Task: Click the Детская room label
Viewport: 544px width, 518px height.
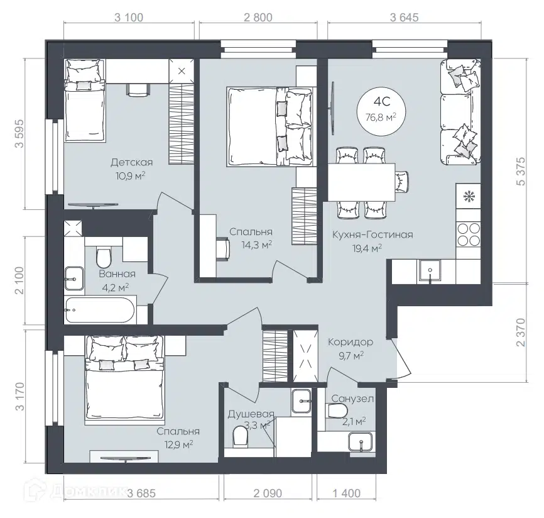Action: pyautogui.click(x=131, y=162)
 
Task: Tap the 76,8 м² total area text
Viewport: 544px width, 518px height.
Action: pyautogui.click(x=381, y=118)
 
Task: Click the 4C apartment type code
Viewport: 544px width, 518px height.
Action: pyautogui.click(x=382, y=101)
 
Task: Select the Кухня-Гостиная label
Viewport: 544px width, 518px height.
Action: pyautogui.click(x=373, y=234)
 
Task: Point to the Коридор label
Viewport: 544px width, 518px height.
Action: pyautogui.click(x=351, y=343)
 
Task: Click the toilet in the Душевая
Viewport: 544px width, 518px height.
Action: pyautogui.click(x=240, y=436)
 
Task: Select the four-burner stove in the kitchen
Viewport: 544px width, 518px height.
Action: pyautogui.click(x=469, y=234)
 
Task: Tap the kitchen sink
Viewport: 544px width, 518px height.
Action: pyautogui.click(x=430, y=270)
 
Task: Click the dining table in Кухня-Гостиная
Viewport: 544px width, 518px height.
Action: pyautogui.click(x=361, y=182)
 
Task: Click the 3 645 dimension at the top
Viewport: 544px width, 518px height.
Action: pyautogui.click(x=404, y=17)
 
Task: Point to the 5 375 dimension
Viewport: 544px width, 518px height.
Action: pyautogui.click(x=521, y=172)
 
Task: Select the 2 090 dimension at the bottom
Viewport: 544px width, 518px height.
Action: pyautogui.click(x=268, y=493)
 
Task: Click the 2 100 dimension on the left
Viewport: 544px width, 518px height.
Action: pyautogui.click(x=19, y=280)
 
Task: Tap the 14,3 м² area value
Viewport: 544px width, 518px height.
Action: pyautogui.click(x=257, y=245)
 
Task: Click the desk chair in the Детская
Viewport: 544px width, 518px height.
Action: pyautogui.click(x=138, y=89)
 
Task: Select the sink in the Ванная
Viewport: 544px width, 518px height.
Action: pyautogui.click(x=74, y=278)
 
